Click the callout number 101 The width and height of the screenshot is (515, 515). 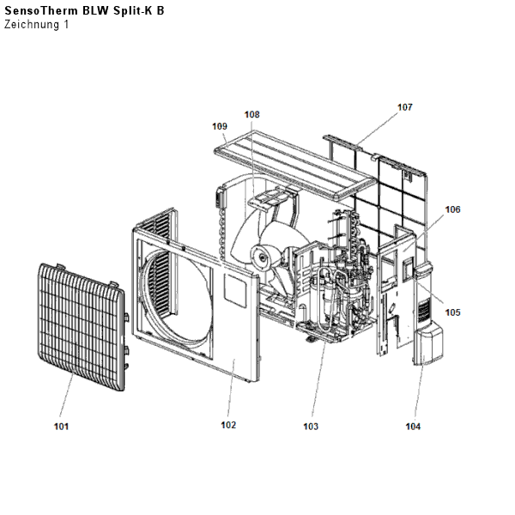point(61,426)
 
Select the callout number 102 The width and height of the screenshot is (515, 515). point(227,425)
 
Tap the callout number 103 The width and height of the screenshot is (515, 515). point(310,426)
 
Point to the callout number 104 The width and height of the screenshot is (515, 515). point(414,426)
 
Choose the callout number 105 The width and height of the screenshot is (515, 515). point(452,312)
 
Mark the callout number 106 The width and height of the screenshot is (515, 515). point(452,209)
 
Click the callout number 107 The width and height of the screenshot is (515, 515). point(404,107)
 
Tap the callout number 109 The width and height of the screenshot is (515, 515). point(220,125)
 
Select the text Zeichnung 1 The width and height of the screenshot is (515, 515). point(36,24)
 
